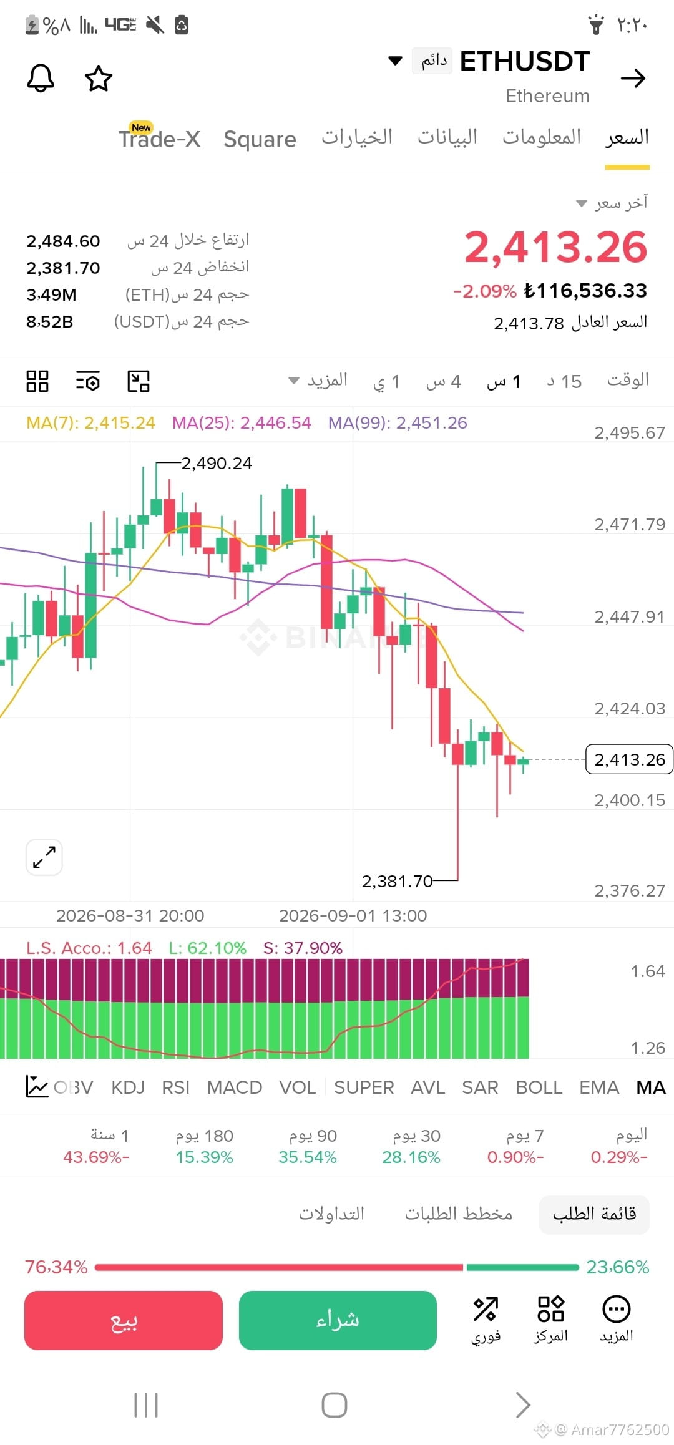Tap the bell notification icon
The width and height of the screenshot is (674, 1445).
(x=41, y=78)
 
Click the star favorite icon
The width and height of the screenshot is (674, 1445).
(x=99, y=78)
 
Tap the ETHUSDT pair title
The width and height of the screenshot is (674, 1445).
(x=525, y=61)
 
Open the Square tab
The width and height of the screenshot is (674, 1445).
(x=260, y=139)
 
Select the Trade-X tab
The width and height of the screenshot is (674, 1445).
(x=159, y=137)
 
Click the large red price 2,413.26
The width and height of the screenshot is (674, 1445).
(x=556, y=247)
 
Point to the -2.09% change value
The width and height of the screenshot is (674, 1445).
(x=485, y=291)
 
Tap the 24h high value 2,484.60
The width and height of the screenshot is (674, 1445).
(x=63, y=241)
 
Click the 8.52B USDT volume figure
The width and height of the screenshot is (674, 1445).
(x=50, y=321)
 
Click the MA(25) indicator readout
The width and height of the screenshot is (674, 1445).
(x=242, y=423)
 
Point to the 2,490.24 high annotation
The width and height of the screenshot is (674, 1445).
(x=217, y=463)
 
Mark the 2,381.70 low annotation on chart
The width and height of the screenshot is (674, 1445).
(x=397, y=881)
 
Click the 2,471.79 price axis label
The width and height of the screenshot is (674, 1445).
(x=630, y=524)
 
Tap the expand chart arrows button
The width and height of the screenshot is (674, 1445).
(x=44, y=857)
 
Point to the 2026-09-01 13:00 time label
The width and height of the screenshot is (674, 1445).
(x=353, y=915)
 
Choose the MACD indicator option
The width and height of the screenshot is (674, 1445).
(x=235, y=1087)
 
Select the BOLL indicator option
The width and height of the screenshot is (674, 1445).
(x=539, y=1087)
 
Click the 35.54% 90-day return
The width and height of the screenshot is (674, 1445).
(x=308, y=1157)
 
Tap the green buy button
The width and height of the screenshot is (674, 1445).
(x=338, y=1320)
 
